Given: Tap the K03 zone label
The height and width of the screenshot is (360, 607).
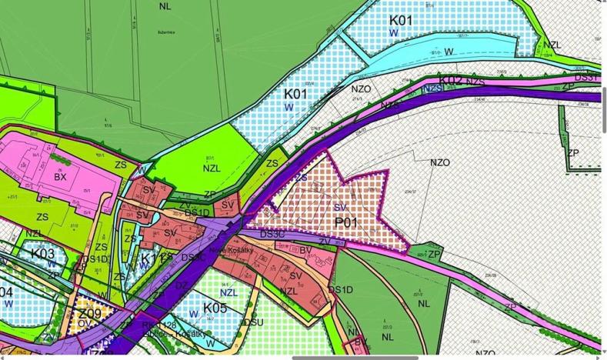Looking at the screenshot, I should click(x=43, y=254).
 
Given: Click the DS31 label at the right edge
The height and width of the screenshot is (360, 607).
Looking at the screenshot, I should click(x=587, y=78).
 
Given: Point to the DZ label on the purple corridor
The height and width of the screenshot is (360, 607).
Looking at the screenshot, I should click(x=182, y=285).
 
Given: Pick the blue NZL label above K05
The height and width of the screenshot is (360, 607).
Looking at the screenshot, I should click(x=228, y=292).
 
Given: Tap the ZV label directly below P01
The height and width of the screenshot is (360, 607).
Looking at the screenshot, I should click(x=325, y=242).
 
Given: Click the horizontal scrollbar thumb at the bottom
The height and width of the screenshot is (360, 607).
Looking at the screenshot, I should click(x=445, y=357).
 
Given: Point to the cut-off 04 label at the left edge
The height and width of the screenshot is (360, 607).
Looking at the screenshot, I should click(x=6, y=292).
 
